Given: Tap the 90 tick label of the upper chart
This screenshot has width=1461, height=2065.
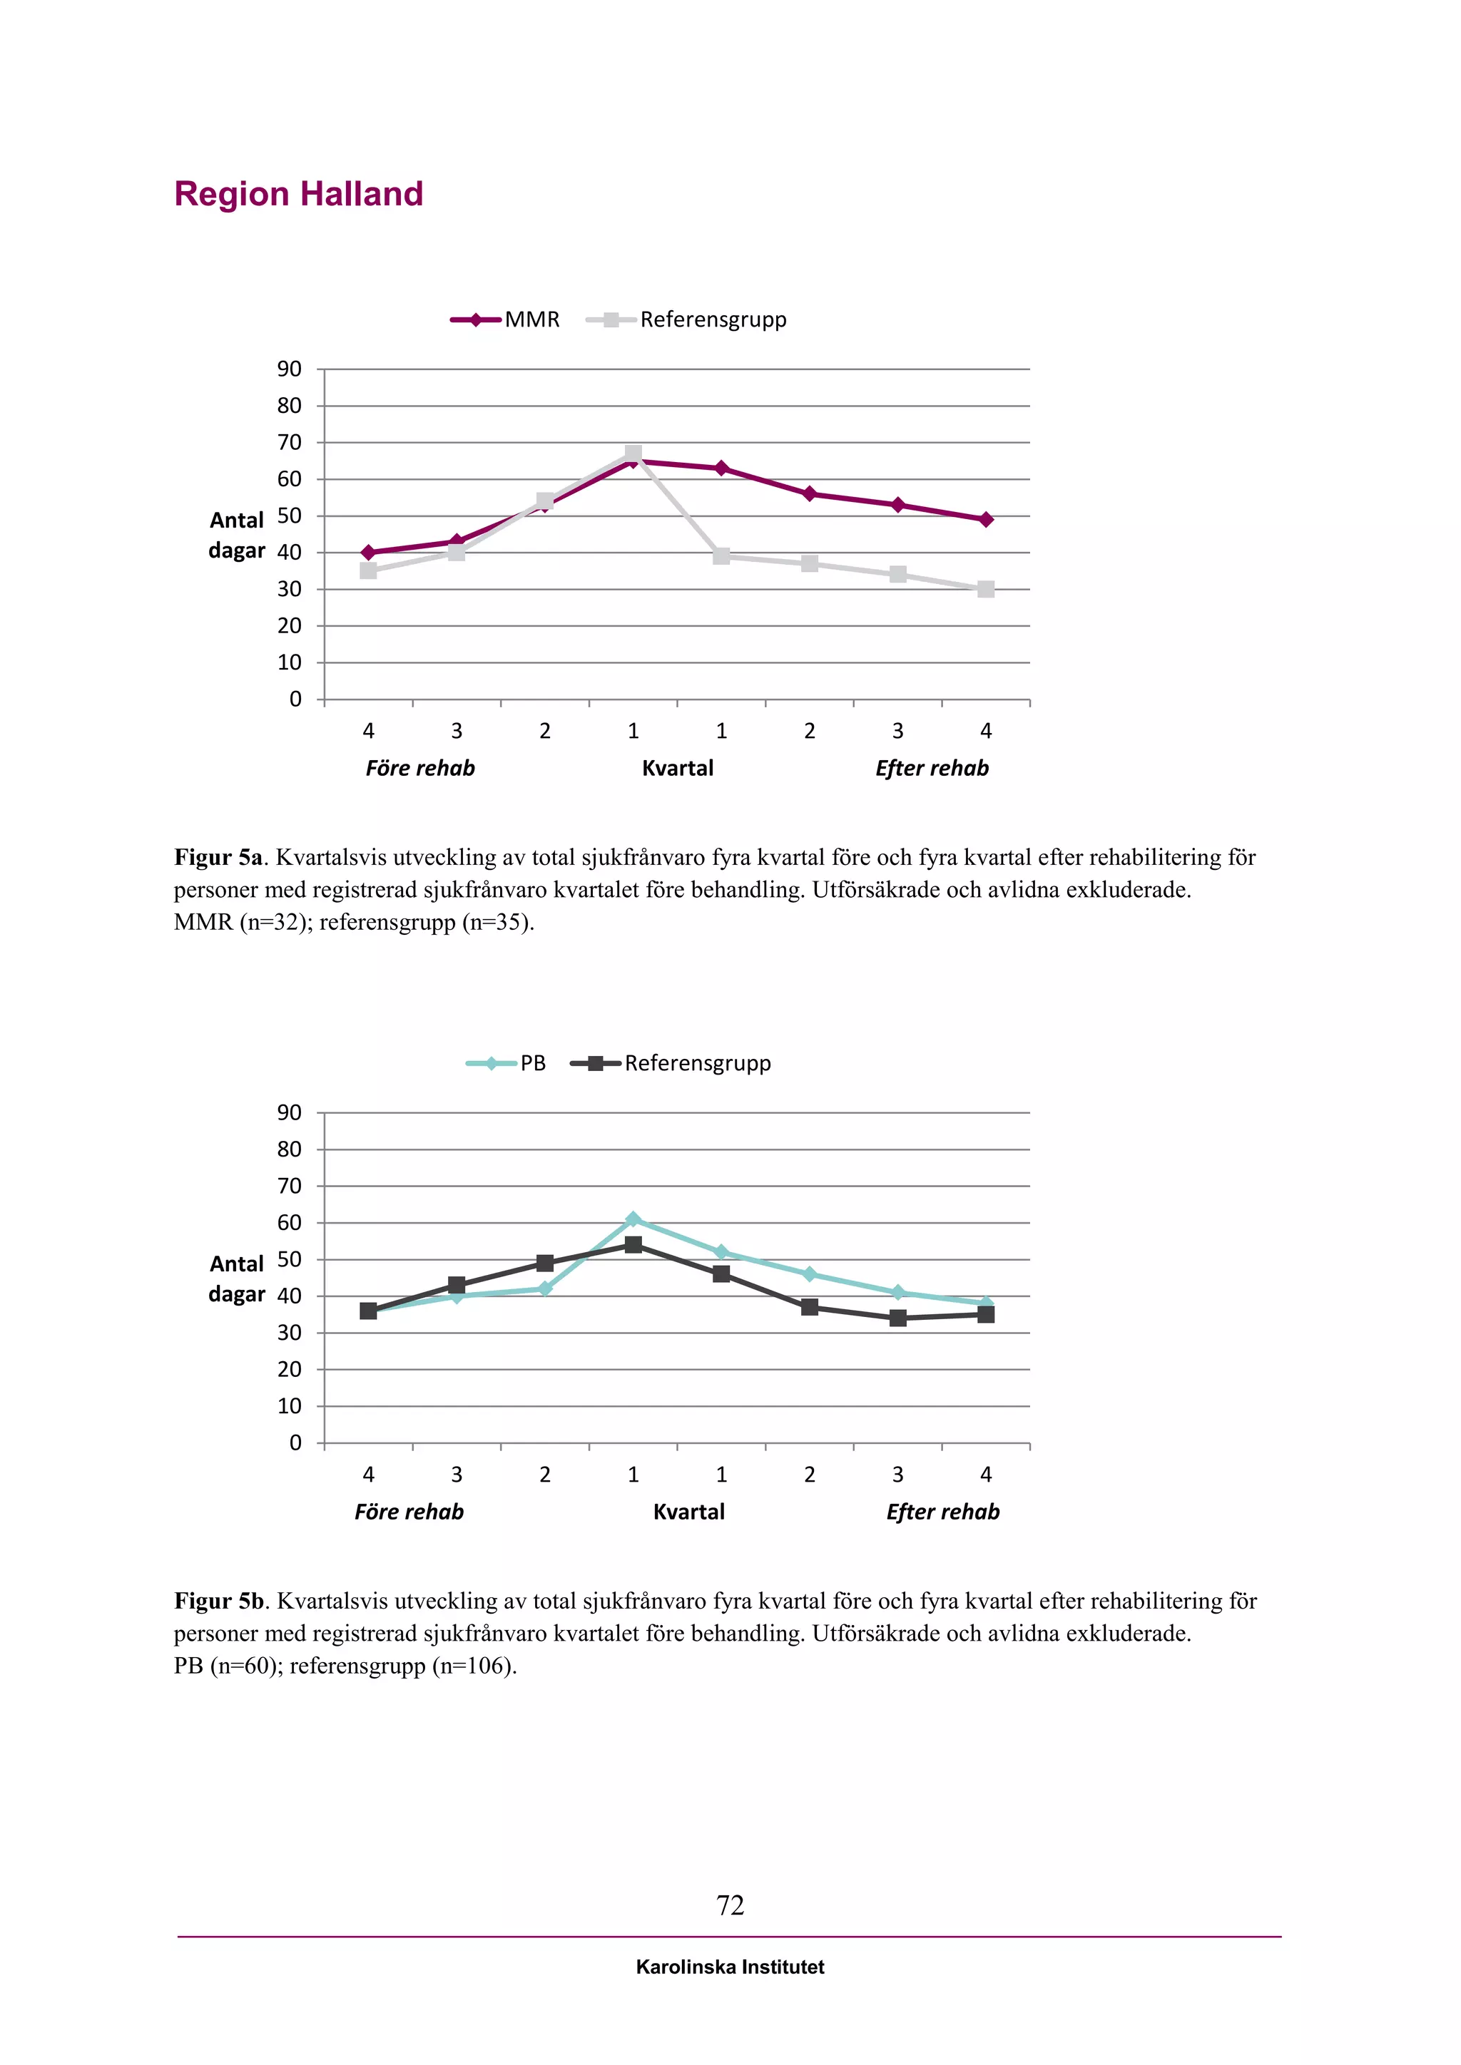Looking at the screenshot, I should [x=289, y=369].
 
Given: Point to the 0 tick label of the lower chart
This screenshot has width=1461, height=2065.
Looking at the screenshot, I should [x=295, y=1443].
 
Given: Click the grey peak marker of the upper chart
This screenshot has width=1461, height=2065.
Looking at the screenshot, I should [x=633, y=454].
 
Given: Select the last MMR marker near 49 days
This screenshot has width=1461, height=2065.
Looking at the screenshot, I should [x=986, y=519].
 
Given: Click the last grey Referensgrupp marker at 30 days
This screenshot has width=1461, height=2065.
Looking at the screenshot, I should [x=986, y=589].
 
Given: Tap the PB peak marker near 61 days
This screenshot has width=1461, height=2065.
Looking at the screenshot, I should [x=633, y=1219].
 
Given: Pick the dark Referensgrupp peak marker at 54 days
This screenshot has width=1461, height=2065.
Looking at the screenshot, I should [x=633, y=1245].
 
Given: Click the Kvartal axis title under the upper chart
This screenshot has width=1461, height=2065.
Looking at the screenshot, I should [x=678, y=768].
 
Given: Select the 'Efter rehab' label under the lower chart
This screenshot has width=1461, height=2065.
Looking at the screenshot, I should [x=943, y=1512].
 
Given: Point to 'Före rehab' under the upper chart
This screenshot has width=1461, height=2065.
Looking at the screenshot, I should [x=420, y=768].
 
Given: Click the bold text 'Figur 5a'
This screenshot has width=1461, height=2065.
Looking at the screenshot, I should [x=218, y=857].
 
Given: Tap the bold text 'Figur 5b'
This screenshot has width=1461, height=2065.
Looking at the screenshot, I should [x=218, y=1601].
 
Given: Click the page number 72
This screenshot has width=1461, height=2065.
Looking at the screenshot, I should [x=730, y=1904].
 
